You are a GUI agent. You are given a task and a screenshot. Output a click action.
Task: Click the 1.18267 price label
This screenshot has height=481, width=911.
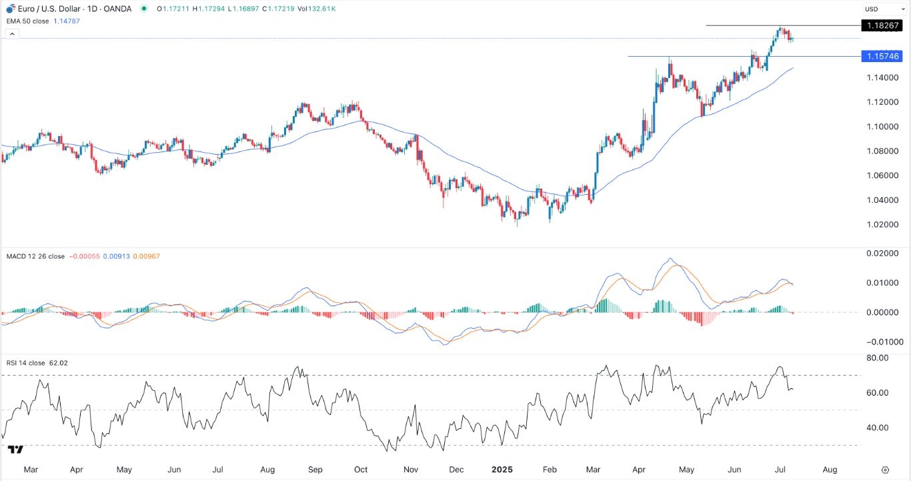(882, 25)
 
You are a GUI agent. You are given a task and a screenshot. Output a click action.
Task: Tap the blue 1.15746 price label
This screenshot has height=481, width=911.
(882, 57)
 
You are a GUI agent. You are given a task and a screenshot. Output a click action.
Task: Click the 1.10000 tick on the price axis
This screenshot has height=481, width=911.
(882, 127)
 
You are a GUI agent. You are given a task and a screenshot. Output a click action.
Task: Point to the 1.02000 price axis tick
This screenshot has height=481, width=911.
(882, 224)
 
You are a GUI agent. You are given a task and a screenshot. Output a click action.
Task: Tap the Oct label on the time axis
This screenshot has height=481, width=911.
(361, 470)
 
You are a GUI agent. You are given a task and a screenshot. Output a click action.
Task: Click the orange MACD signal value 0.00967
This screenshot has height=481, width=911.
(147, 256)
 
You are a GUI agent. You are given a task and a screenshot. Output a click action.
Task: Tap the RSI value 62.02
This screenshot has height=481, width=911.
(59, 363)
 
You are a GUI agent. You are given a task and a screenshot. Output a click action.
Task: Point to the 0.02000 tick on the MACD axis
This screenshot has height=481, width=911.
(882, 254)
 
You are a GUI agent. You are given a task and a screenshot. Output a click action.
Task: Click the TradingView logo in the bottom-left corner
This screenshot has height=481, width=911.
(17, 449)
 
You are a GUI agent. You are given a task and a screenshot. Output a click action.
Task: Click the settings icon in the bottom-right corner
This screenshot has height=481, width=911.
(885, 470)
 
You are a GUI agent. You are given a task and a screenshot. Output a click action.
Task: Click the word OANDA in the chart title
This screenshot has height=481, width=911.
(117, 9)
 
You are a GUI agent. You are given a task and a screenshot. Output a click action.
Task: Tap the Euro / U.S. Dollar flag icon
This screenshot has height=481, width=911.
(9, 9)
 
